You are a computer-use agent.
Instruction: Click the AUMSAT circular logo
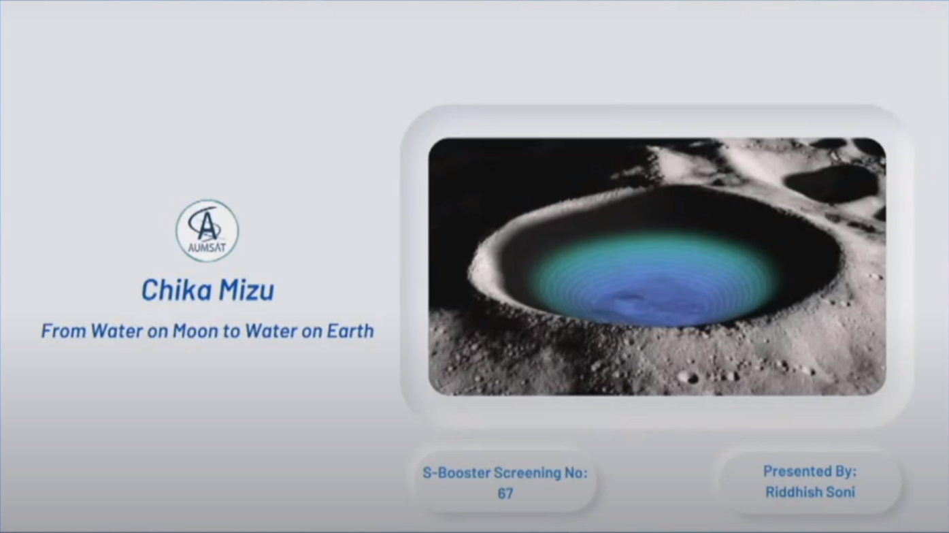(207, 231)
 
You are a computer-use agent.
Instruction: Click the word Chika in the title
(177, 290)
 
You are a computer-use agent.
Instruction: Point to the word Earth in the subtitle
(350, 331)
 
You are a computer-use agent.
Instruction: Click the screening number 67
(505, 494)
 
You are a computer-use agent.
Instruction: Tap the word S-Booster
(456, 473)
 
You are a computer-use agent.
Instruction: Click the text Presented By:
(810, 472)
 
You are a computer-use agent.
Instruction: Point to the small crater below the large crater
(689, 377)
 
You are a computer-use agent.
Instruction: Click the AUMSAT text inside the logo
(207, 247)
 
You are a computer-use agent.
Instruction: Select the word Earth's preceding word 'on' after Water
(311, 332)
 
